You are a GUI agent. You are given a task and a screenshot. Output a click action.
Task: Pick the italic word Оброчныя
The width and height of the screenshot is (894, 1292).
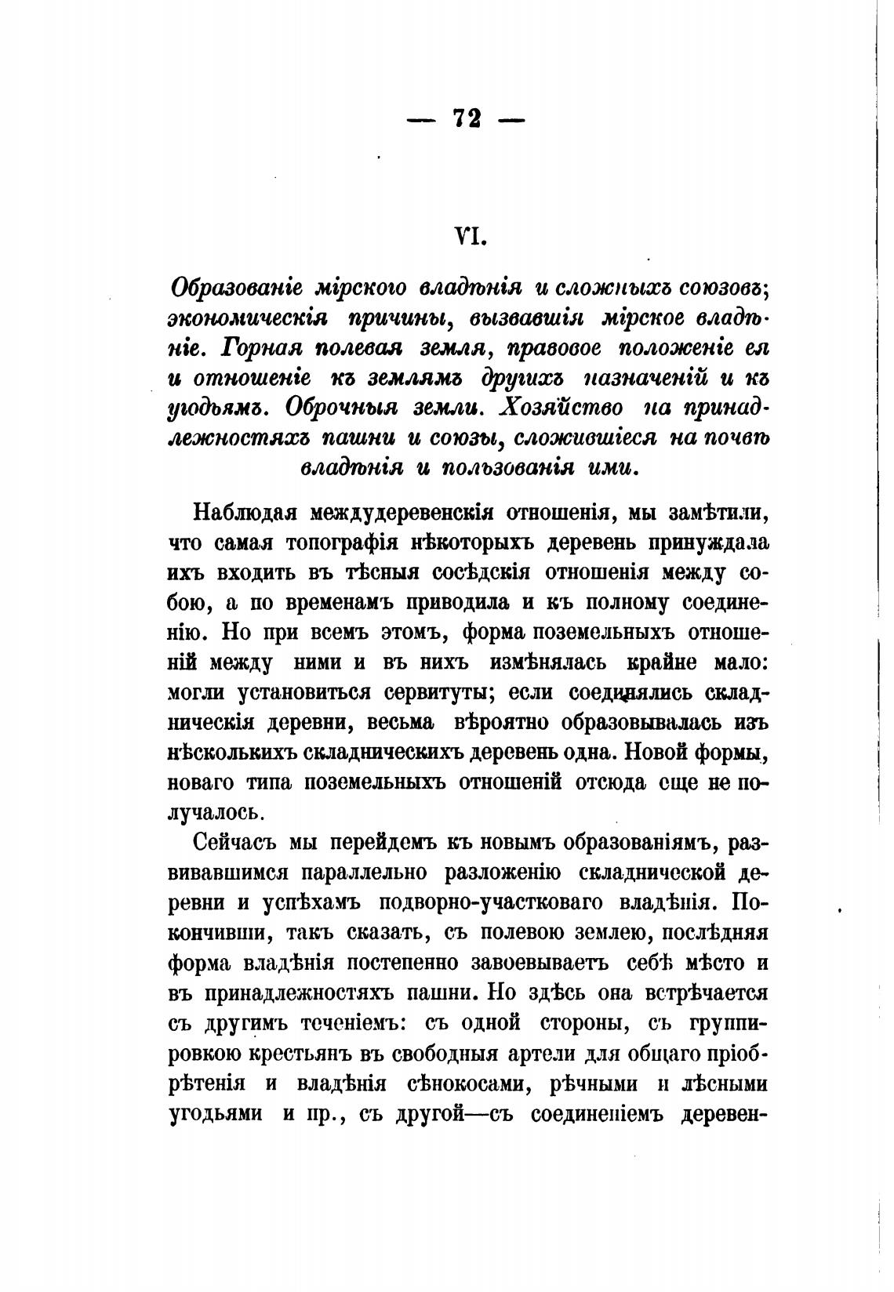tap(340, 408)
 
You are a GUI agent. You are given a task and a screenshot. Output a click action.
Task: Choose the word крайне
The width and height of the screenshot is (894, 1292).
tap(661, 662)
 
